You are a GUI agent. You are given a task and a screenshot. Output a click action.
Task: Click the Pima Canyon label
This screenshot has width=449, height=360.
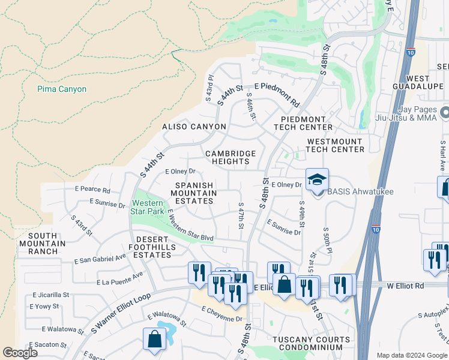click(61, 89)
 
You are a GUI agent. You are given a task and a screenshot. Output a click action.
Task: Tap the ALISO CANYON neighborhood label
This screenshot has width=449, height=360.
click(194, 127)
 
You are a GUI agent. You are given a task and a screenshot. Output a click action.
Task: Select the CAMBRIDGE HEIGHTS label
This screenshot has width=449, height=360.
click(231, 157)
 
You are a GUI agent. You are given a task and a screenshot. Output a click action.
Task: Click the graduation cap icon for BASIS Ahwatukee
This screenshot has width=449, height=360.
click(317, 179)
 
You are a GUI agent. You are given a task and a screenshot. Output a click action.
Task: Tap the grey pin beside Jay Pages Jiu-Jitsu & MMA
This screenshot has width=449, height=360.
click(444, 113)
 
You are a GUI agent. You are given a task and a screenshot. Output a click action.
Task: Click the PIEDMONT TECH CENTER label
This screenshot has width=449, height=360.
click(303, 123)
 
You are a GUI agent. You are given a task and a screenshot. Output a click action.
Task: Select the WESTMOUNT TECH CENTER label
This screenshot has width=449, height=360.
click(335, 145)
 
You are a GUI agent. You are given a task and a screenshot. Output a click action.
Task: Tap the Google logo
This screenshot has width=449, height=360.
click(20, 352)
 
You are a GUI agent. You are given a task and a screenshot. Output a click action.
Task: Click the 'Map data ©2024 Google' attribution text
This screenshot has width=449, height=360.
click(412, 355)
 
